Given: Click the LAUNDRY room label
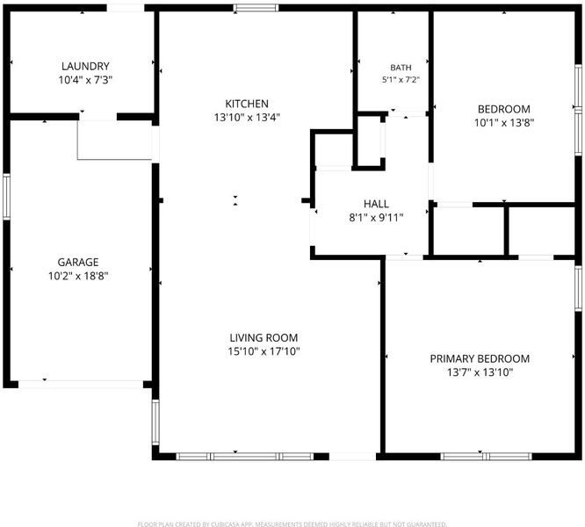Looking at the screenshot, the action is (x=85, y=66).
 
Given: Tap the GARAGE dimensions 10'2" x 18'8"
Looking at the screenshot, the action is (x=78, y=276).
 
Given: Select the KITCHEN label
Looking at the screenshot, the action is (x=247, y=104).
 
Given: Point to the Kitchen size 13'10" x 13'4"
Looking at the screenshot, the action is (x=247, y=118).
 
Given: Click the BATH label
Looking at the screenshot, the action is (x=401, y=68).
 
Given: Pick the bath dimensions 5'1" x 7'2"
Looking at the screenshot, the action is (x=401, y=79).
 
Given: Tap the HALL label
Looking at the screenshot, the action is (x=376, y=204).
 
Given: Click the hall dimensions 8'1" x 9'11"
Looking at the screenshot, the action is (x=376, y=218).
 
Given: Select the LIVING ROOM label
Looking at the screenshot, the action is (x=264, y=337).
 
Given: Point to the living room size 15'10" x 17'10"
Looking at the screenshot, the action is (x=264, y=351).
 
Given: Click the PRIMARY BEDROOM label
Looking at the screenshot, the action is (x=480, y=358).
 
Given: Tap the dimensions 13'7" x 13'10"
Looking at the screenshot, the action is (x=480, y=372).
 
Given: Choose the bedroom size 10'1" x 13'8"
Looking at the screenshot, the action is (x=504, y=123).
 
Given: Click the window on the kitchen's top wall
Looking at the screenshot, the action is (x=256, y=8).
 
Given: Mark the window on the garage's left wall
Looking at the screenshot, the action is (x=6, y=197).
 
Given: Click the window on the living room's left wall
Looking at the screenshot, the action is (x=155, y=422).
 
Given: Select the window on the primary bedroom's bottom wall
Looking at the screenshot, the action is (x=486, y=456).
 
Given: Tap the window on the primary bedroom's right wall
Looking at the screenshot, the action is (x=578, y=288).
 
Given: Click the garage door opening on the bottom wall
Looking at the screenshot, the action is (x=81, y=384).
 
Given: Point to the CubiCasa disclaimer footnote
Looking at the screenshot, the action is (x=292, y=524).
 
